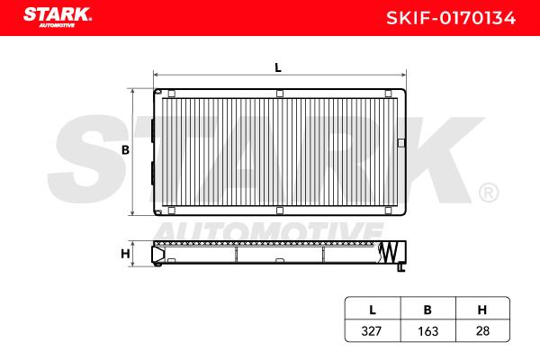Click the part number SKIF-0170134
(x=451, y=18)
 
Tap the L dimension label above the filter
(x=278, y=67)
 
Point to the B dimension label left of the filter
(x=125, y=150)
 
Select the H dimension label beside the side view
(x=125, y=254)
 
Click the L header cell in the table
(x=373, y=310)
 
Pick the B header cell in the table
(x=427, y=310)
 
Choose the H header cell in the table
(x=482, y=310)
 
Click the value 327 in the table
(x=372, y=331)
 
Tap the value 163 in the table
(x=427, y=331)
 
